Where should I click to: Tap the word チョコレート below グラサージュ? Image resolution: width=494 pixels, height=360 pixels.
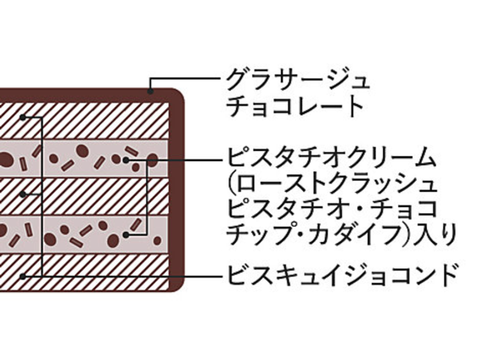[x=295, y=105]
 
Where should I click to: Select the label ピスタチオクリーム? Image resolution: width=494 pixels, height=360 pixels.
[x=331, y=157]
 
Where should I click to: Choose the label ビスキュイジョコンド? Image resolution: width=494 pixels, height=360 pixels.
[x=341, y=275]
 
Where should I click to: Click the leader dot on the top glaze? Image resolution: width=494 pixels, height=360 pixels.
[x=150, y=92]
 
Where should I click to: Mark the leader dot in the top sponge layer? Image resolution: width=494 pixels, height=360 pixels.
[x=22, y=117]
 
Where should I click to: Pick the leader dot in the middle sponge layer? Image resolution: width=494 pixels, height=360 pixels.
[x=22, y=194]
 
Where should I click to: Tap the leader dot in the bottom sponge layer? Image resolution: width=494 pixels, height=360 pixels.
[x=22, y=277]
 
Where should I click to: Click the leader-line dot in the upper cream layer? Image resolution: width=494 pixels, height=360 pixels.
[x=126, y=160]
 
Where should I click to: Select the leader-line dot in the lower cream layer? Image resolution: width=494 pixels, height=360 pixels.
[x=126, y=235]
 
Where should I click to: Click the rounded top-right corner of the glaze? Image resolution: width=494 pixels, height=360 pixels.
[x=179, y=94]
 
